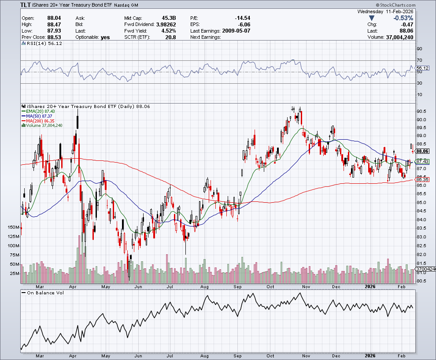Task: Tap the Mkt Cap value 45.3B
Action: pos(169,18)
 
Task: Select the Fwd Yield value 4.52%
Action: pos(169,31)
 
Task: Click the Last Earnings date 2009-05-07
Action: pos(236,31)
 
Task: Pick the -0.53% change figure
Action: pos(403,18)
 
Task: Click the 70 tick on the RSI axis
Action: pos(419,60)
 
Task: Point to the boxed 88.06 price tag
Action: pos(422,151)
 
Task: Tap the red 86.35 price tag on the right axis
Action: pos(422,180)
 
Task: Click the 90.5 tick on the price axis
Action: pos(421,111)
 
